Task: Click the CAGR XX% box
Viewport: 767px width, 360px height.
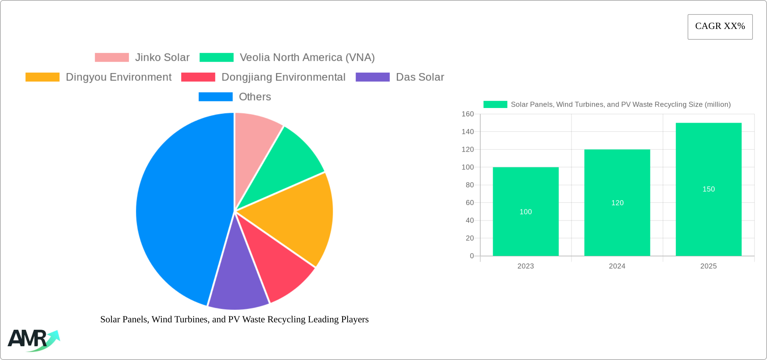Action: [x=720, y=27]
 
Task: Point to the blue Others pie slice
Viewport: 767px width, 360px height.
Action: [x=178, y=209]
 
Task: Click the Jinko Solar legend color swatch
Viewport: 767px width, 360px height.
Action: [x=112, y=58]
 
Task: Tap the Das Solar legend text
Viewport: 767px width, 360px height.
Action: [x=420, y=77]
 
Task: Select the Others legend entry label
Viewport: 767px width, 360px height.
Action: [x=255, y=97]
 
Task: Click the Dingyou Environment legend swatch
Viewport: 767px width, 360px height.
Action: [x=42, y=77]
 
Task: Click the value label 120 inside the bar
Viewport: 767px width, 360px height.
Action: [x=617, y=203]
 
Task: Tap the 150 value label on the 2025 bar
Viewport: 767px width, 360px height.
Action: [x=708, y=189]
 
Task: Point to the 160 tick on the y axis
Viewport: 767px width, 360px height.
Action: [x=468, y=114]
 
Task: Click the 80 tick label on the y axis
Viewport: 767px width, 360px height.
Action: [x=470, y=185]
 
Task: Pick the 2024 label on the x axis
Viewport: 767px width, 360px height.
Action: [x=617, y=266]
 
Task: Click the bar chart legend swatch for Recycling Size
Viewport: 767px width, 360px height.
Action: [x=495, y=105]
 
